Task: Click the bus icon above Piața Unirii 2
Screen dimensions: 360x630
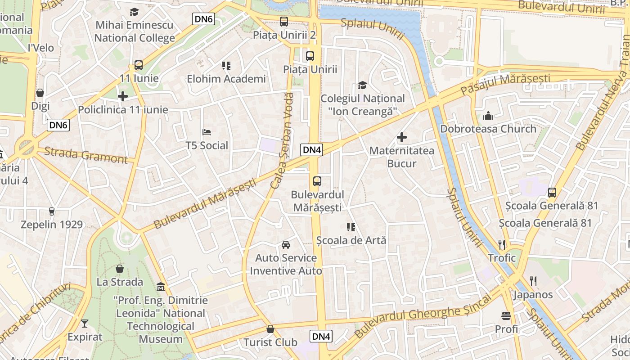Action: pos(284,21)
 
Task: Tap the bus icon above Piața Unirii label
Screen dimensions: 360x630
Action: pos(310,56)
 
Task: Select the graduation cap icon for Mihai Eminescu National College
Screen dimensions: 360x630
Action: pos(134,12)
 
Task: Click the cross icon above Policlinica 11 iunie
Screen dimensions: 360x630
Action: pos(123,96)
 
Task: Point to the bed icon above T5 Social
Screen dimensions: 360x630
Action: pos(207,132)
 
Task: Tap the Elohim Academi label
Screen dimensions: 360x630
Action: pos(226,79)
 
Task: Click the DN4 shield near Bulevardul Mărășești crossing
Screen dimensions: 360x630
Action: pos(312,150)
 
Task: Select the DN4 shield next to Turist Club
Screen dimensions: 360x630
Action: pos(321,336)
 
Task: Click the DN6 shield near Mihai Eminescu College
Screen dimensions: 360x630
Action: pos(204,19)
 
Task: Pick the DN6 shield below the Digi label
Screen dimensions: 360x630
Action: pos(58,126)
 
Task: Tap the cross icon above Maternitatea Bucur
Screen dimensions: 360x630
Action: pos(402,137)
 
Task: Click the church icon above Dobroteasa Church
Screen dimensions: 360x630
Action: pos(488,116)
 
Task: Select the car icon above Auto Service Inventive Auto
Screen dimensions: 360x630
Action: pos(286,245)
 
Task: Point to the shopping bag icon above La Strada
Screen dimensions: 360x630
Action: pos(120,269)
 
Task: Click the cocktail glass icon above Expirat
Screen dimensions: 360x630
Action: pos(85,324)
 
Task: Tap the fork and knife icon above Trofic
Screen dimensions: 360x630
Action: pos(502,245)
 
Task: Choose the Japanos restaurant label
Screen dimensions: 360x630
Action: pos(533,295)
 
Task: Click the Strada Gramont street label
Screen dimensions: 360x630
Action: pos(85,155)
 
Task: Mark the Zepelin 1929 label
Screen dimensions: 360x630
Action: pos(52,225)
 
